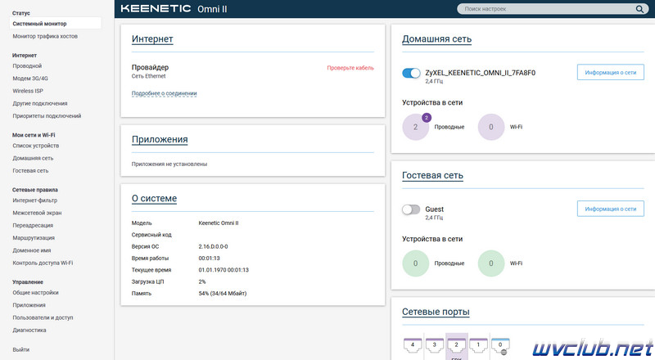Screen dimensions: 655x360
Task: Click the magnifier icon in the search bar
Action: tap(639, 9)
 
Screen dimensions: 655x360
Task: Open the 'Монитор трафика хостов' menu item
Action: tap(45, 36)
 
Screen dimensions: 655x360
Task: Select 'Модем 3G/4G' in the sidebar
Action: tap(30, 79)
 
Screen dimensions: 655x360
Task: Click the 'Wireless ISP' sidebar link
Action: tap(28, 91)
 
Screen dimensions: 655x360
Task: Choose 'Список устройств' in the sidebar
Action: tap(35, 146)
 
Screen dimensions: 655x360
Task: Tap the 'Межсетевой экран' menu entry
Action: tap(37, 213)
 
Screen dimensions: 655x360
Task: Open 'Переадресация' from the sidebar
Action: tap(33, 226)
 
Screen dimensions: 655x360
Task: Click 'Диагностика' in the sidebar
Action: tap(29, 331)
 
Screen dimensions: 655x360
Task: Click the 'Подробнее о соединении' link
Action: tap(165, 93)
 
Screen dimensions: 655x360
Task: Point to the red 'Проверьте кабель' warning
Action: tap(350, 68)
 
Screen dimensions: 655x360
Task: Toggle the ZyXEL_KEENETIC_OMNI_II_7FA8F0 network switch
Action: tap(411, 73)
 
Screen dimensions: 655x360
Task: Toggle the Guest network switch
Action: tap(411, 209)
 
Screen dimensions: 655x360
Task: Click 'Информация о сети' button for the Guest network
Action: tap(610, 209)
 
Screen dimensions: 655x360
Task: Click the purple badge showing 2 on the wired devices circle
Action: tap(426, 118)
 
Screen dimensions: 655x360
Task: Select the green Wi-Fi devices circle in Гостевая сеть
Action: tap(490, 263)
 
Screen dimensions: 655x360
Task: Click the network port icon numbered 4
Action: tap(413, 345)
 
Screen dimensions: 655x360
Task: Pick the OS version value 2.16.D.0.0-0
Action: tap(213, 247)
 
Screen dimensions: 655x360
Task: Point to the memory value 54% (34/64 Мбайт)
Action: tap(222, 294)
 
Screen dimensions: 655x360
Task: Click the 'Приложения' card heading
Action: tap(160, 139)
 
